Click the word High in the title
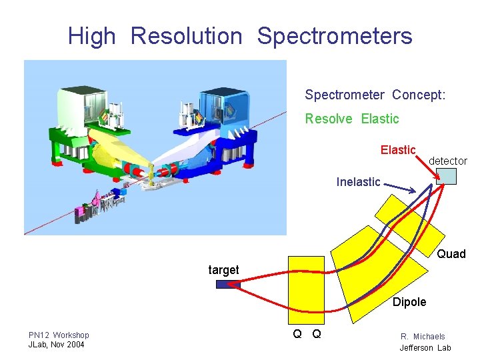click(x=91, y=36)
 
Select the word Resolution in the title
click(x=187, y=36)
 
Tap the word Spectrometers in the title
click(x=335, y=36)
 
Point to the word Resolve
click(x=330, y=119)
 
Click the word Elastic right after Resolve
click(x=380, y=119)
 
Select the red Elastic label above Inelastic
click(x=398, y=150)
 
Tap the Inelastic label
click(x=359, y=181)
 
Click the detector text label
click(x=447, y=161)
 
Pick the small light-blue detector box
click(x=446, y=176)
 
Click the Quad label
click(x=451, y=254)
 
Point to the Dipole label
click(x=409, y=302)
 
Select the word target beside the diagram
click(x=223, y=270)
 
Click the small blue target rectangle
click(x=227, y=284)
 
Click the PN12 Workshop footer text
click(x=59, y=335)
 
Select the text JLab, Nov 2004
click(x=57, y=345)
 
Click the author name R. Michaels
click(x=423, y=337)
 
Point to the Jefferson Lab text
click(x=425, y=347)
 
